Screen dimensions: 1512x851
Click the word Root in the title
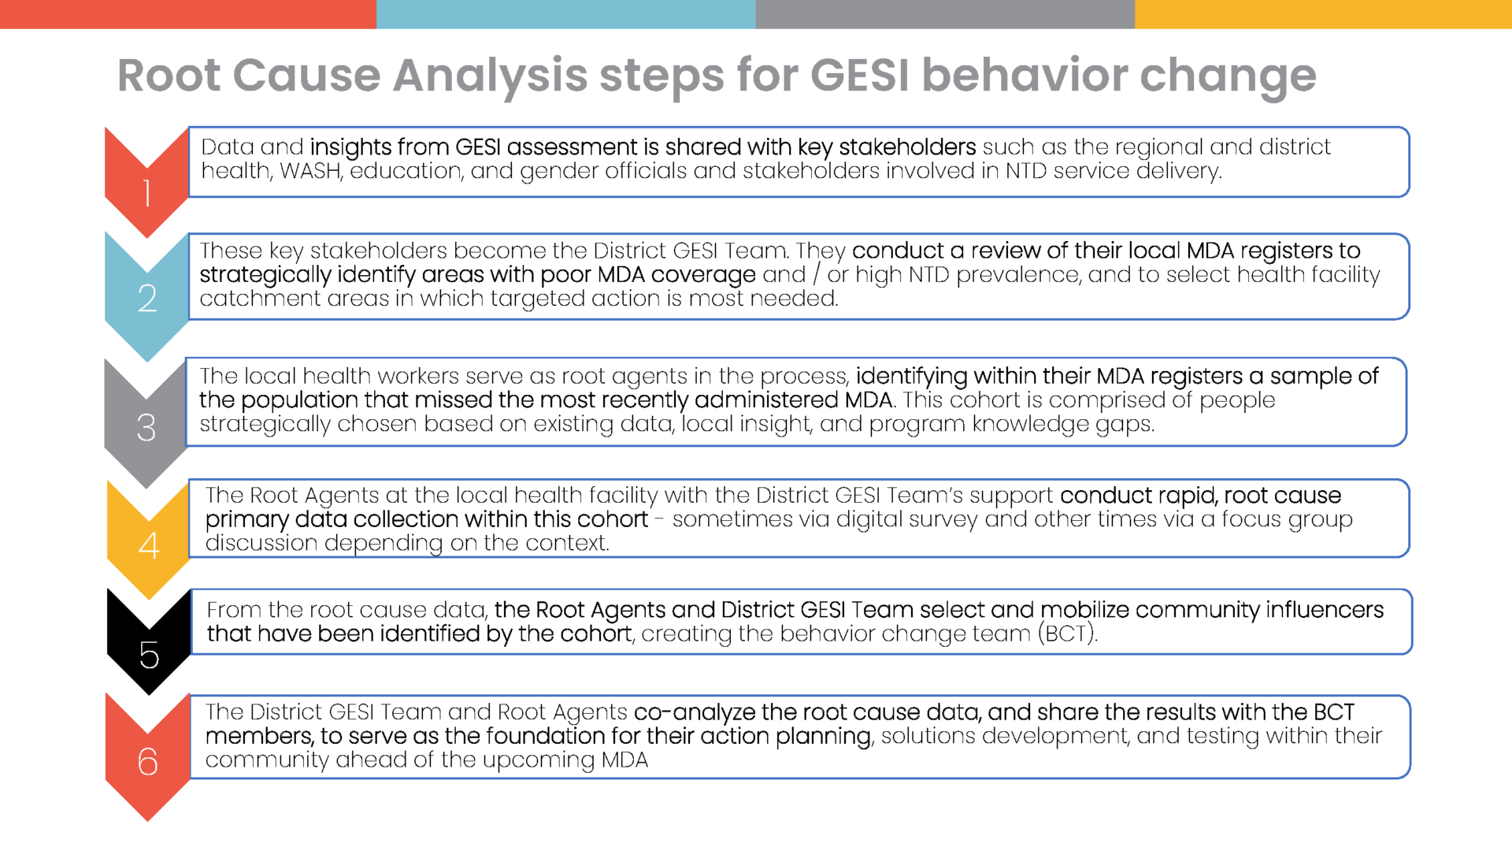169,76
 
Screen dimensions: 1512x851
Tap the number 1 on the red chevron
146,193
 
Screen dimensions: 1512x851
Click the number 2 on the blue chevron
146,298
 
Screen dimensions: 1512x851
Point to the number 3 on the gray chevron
146,427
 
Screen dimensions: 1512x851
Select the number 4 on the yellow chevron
149,545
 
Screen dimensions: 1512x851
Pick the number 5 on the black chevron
149,655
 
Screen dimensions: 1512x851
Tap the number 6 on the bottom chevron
147,761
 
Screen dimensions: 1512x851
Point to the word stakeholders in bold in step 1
907,147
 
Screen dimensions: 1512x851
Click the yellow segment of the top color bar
1323,14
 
